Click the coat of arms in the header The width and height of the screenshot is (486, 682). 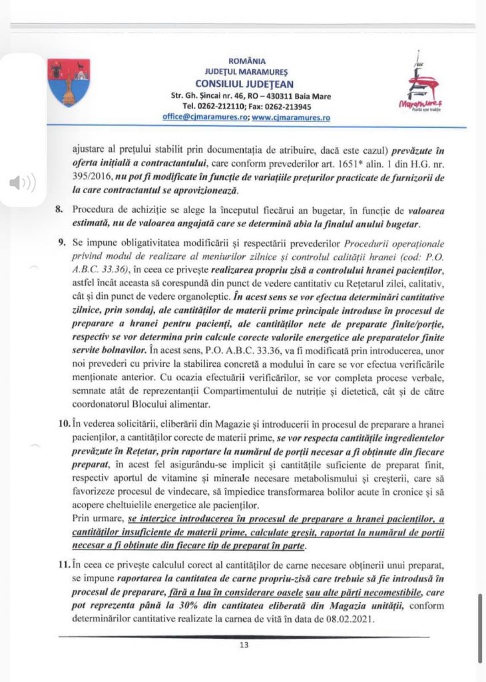tap(69, 81)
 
